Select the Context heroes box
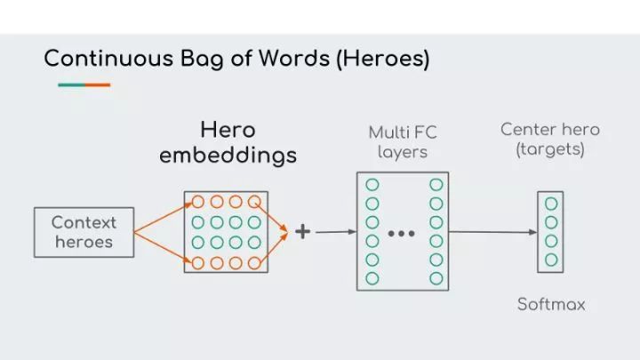tap(84, 232)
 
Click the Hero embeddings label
tap(228, 142)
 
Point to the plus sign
tap(303, 231)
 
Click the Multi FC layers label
tap(403, 141)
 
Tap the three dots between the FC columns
tap(402, 234)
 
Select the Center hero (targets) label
tap(549, 140)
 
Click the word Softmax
tap(551, 304)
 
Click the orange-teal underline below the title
tap(84, 85)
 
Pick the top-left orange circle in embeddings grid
tap(197, 202)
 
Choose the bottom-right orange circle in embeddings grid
tap(255, 262)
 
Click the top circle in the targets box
tap(551, 203)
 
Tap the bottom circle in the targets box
tap(551, 260)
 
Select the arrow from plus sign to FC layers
tap(335, 232)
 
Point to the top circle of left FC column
tap(372, 185)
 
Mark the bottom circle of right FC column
tap(436, 278)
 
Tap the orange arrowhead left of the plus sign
tap(284, 232)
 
